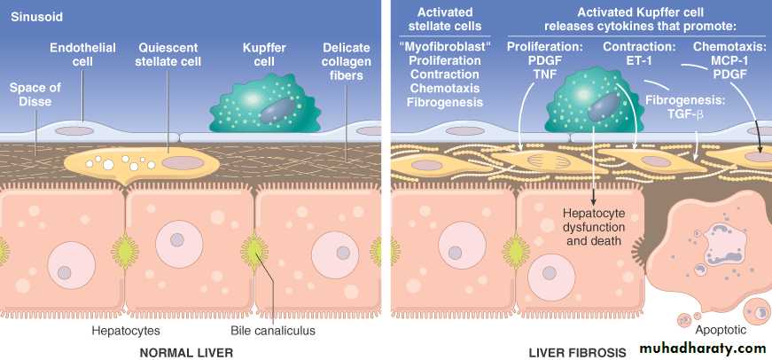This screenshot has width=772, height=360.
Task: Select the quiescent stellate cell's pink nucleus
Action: click(x=183, y=163)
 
